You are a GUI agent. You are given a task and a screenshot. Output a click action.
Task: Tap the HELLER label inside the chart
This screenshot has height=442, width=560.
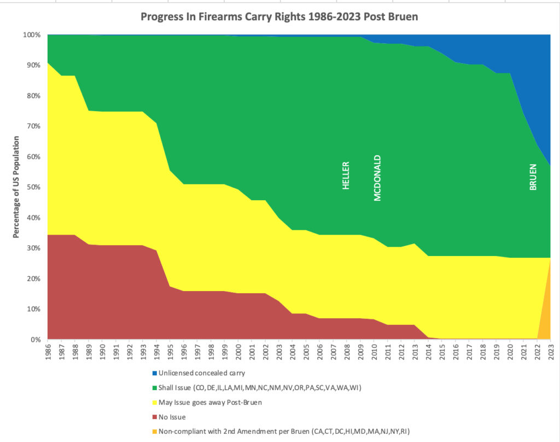coord(346,175)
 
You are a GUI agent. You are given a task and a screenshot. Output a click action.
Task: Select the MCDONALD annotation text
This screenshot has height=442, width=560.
coord(377,178)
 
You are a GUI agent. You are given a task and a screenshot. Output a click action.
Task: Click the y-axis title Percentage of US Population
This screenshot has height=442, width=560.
coord(16,187)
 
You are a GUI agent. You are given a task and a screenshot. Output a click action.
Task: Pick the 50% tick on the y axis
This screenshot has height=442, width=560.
coord(33,187)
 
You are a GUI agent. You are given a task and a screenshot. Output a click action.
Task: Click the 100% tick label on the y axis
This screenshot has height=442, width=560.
coord(31,35)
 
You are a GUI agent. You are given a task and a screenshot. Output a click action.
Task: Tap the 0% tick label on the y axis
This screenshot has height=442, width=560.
coord(35,340)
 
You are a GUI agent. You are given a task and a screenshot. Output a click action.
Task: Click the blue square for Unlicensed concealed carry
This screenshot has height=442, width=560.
coord(154,374)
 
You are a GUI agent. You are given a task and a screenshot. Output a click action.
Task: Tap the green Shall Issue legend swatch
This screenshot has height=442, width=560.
coord(154,388)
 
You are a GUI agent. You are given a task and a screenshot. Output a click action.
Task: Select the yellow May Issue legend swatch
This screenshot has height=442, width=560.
coord(154,403)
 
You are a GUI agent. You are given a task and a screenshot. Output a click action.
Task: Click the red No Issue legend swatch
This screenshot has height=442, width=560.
coord(154,417)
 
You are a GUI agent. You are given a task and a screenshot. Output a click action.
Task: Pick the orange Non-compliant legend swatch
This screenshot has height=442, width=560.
coord(154,432)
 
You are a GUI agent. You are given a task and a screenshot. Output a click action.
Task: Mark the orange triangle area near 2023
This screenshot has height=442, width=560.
coord(545,317)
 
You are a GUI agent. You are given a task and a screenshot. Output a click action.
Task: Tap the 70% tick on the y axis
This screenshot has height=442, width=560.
coord(33,126)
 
